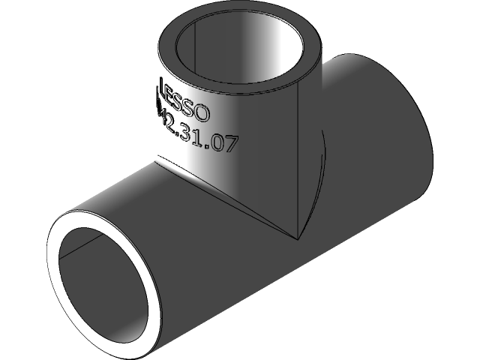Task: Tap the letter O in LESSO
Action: pyautogui.click(x=204, y=113)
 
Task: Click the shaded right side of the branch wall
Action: pyautogui.click(x=307, y=150)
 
